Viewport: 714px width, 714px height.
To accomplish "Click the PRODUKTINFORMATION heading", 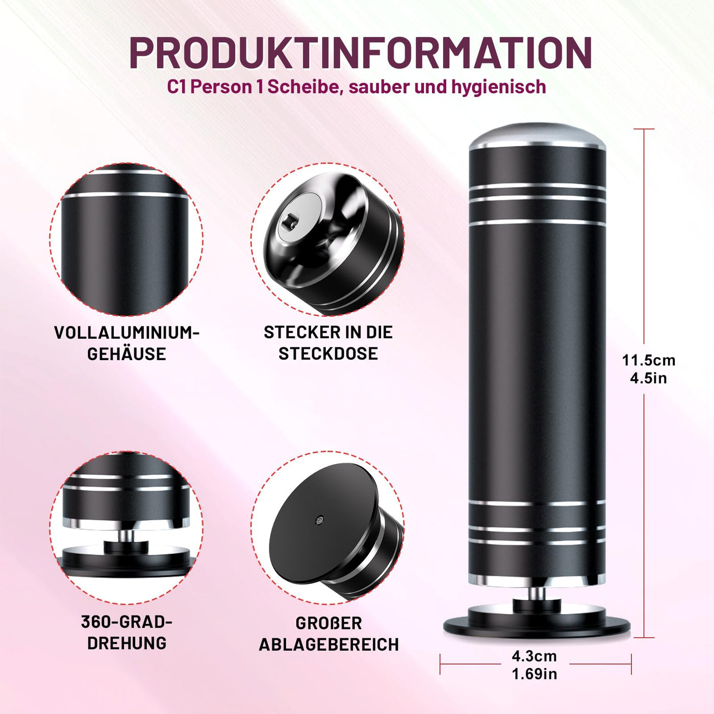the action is click(x=360, y=53).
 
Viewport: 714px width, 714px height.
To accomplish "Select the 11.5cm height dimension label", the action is click(x=648, y=360).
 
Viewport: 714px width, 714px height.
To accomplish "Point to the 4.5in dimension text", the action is click(x=648, y=378).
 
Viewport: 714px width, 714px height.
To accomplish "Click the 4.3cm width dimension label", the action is click(x=534, y=656).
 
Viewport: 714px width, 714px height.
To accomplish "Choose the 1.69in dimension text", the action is click(x=534, y=674).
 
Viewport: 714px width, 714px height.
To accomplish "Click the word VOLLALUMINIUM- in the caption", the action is click(x=126, y=333).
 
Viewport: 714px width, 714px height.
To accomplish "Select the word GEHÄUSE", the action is click(x=126, y=354).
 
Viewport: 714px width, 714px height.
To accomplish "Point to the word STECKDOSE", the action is click(x=328, y=353).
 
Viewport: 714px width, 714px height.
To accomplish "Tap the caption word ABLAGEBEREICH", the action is click(x=328, y=645).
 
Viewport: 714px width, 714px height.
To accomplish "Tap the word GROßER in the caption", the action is click(x=328, y=623).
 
